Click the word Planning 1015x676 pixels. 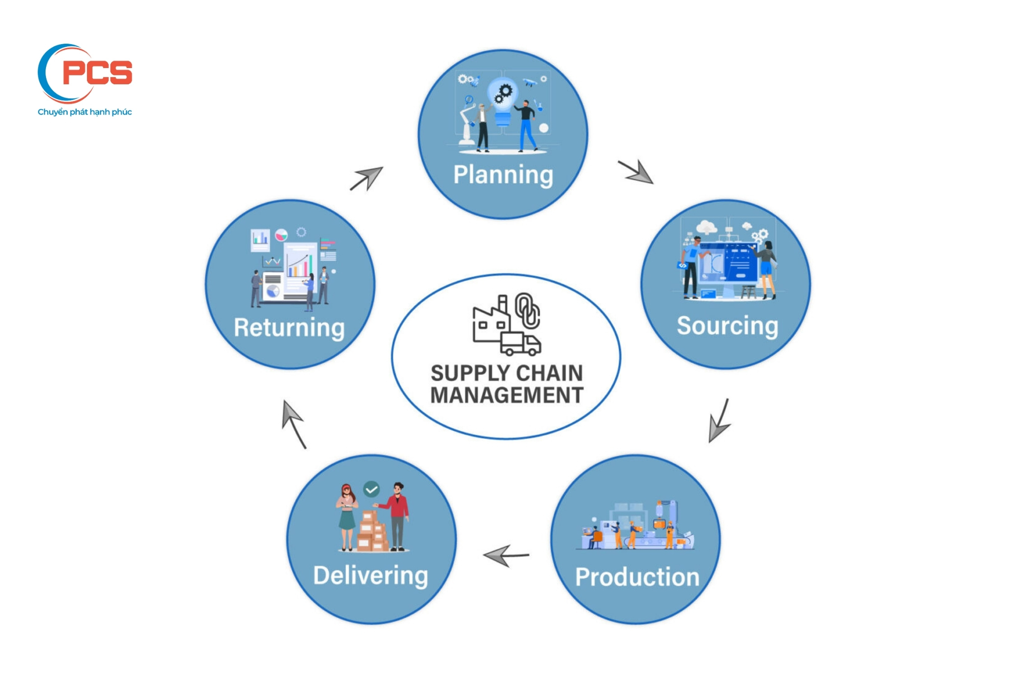tap(503, 175)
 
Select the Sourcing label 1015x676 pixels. tap(727, 326)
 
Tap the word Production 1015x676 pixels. tap(637, 577)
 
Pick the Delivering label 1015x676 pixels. tap(370, 576)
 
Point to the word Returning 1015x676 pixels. tap(289, 328)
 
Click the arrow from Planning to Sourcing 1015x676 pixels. tap(636, 172)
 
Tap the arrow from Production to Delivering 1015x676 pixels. tap(505, 555)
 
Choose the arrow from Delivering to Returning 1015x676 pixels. tap(294, 424)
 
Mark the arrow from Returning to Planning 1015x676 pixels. tap(366, 178)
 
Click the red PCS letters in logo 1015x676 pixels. tap(97, 73)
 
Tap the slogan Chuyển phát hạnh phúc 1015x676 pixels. tap(85, 112)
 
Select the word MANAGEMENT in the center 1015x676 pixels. tap(507, 395)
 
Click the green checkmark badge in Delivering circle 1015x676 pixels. tap(371, 489)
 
